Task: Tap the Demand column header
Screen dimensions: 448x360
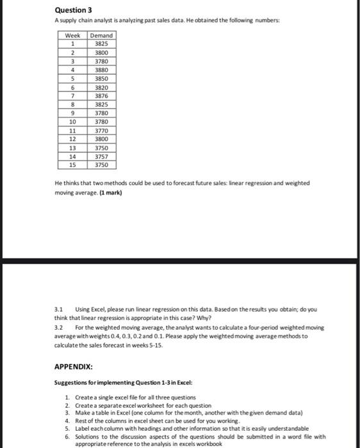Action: coord(101,35)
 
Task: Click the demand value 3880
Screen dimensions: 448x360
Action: coord(101,70)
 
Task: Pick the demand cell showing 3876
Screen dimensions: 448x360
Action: coord(101,95)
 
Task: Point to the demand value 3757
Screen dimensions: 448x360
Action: coord(101,156)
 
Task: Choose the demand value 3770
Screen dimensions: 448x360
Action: coord(101,130)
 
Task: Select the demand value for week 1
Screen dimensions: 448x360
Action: coord(101,44)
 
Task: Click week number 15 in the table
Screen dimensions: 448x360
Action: coord(72,164)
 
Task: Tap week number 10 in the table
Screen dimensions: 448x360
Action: coord(72,121)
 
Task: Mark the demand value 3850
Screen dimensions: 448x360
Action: coord(101,78)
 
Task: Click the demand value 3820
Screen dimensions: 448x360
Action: coord(101,87)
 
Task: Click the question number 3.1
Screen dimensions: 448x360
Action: coord(59,309)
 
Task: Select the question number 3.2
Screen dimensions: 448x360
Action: coord(59,327)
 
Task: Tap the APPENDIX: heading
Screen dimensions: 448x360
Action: coord(74,367)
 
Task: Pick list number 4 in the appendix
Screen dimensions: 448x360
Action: coord(68,420)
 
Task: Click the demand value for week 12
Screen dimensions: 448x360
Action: coord(101,138)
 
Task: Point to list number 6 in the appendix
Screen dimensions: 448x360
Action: coord(68,436)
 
